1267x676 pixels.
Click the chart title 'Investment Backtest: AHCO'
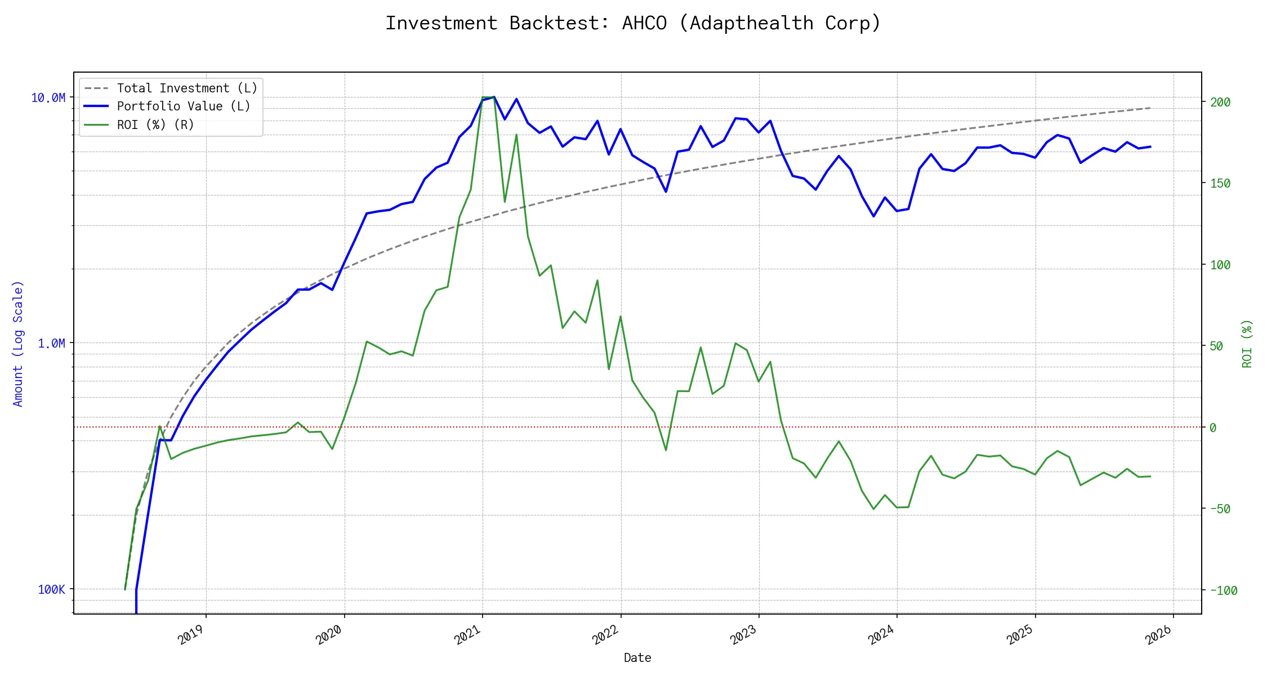(633, 23)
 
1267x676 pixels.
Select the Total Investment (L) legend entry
(186, 88)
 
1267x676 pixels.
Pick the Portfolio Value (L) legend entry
(183, 106)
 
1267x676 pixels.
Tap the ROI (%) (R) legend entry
(155, 125)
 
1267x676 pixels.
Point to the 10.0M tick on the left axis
(48, 98)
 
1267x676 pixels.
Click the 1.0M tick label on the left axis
(52, 344)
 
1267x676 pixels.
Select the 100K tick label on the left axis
(52, 589)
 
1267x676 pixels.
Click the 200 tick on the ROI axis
(1220, 103)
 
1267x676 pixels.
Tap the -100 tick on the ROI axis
(1223, 590)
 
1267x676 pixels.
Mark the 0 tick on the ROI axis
(1213, 428)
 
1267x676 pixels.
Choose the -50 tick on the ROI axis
(1220, 509)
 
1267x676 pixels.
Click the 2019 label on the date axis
(190, 635)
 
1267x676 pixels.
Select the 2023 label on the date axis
(743, 635)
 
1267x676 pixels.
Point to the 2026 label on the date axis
(1158, 635)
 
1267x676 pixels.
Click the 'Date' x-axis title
(637, 657)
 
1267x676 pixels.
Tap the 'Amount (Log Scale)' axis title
(18, 344)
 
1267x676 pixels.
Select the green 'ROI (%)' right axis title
(1247, 344)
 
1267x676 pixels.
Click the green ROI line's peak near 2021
(488, 97)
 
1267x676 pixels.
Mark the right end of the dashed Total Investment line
(1150, 108)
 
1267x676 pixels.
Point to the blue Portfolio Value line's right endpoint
(1150, 146)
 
